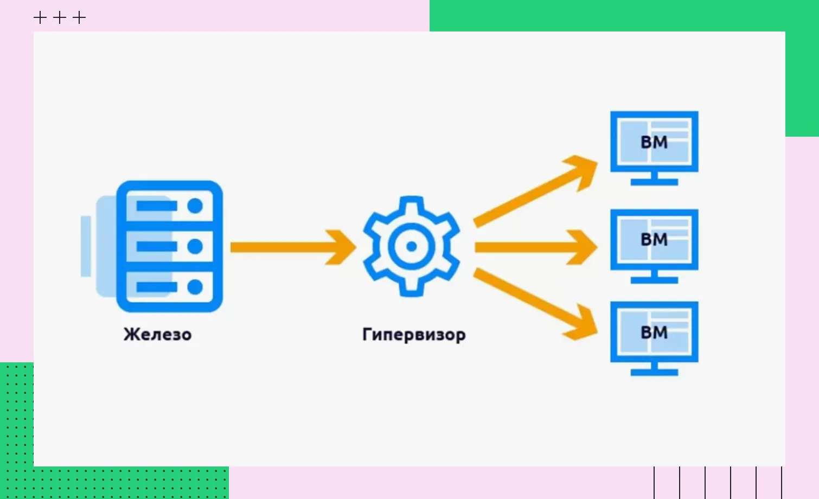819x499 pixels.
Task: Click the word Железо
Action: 157,334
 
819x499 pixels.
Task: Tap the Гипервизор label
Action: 414,334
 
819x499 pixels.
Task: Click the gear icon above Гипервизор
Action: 411,247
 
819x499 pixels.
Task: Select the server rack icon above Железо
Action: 169,247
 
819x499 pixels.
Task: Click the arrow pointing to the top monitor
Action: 534,190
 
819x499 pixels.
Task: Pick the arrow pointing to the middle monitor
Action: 534,247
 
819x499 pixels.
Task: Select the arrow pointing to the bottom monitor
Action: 534,304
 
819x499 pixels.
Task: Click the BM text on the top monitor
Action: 654,142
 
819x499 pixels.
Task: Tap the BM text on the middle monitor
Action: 654,239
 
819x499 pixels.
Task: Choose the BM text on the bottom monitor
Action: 654,332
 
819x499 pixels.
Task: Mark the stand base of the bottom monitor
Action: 654,373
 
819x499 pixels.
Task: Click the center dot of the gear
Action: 411,247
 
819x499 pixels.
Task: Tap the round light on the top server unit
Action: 195,206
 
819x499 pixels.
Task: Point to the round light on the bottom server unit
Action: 195,286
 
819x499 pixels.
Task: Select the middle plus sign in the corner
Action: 60,18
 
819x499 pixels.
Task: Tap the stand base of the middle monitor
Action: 654,280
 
